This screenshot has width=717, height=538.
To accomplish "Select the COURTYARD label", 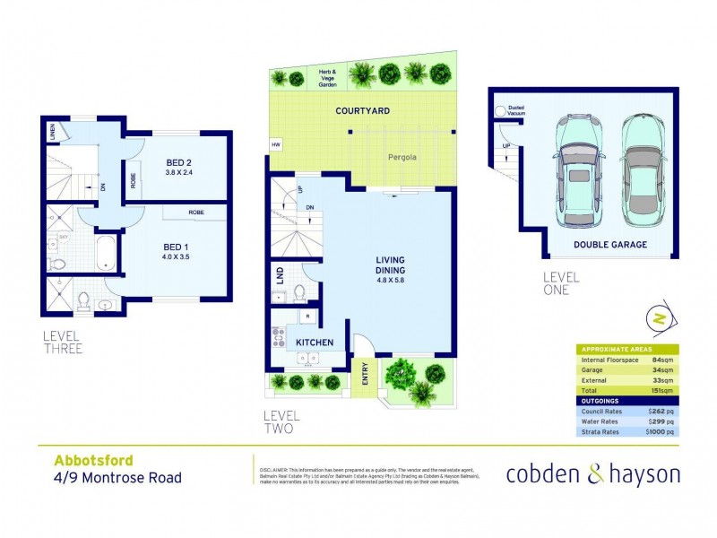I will tap(361, 111).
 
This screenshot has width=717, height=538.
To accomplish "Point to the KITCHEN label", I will tap(314, 343).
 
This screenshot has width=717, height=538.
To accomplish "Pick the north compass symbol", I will tap(659, 318).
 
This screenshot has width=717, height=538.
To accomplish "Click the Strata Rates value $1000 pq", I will tap(661, 431).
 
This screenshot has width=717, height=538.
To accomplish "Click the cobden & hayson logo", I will tap(592, 474).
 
